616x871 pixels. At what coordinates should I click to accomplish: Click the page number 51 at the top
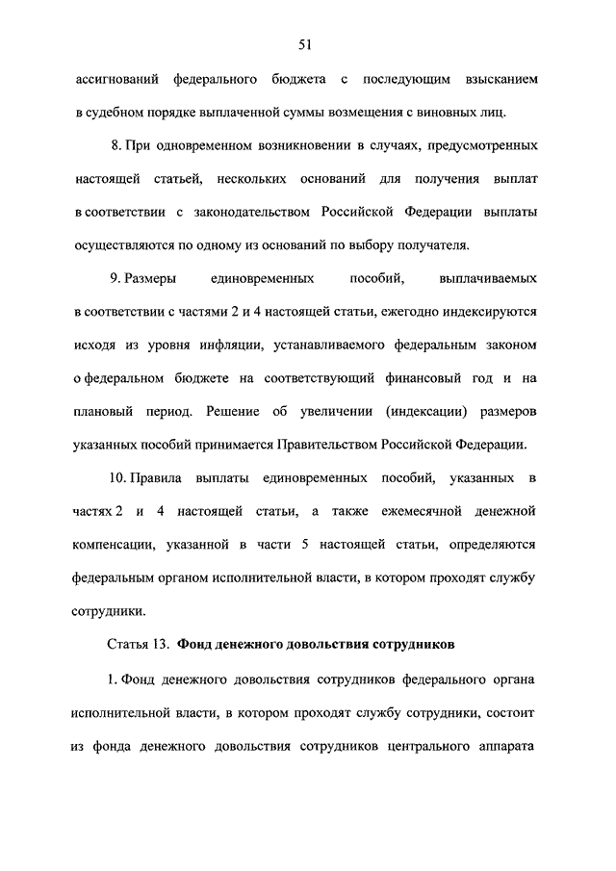(308, 44)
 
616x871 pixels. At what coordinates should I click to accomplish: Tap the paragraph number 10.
(118, 478)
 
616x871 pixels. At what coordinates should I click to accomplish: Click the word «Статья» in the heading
(122, 642)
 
